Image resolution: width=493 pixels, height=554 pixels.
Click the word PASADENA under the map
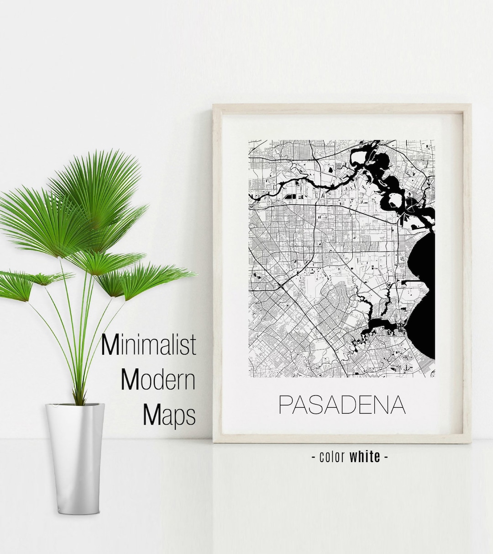[x=342, y=404]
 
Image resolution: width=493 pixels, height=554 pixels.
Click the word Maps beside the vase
[x=169, y=415]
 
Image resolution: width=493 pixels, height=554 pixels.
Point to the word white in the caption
[x=365, y=456]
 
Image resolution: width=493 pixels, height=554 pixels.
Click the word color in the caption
[x=332, y=456]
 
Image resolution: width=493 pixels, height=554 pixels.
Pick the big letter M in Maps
[x=152, y=414]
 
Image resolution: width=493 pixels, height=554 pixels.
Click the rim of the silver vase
[x=75, y=405]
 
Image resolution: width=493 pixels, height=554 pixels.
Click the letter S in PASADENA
[x=320, y=404]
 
